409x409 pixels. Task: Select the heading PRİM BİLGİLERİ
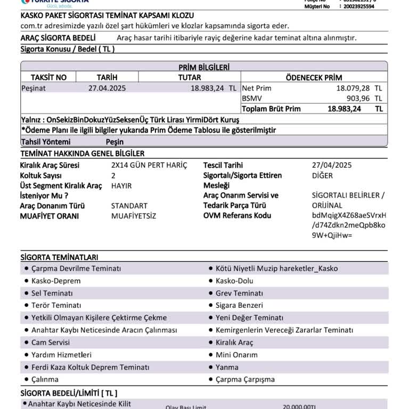point(204,67)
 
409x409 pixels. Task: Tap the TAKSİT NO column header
point(48,77)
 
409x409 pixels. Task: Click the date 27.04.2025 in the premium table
point(107,88)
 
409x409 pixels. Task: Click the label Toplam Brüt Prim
point(271,109)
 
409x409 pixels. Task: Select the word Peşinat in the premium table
point(34,88)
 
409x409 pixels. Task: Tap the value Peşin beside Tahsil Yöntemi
point(114,142)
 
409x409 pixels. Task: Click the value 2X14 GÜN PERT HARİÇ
point(149,165)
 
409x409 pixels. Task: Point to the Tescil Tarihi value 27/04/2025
point(332,165)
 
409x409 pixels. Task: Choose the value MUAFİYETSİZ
point(134,216)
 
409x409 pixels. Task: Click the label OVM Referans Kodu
point(237,216)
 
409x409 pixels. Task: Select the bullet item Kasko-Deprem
point(56,281)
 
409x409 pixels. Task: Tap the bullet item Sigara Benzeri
point(239,305)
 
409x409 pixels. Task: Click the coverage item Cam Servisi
point(51,342)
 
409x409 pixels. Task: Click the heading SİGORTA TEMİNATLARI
point(59,257)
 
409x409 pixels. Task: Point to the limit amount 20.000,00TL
point(299,406)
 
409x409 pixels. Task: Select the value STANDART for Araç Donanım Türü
point(129,206)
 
